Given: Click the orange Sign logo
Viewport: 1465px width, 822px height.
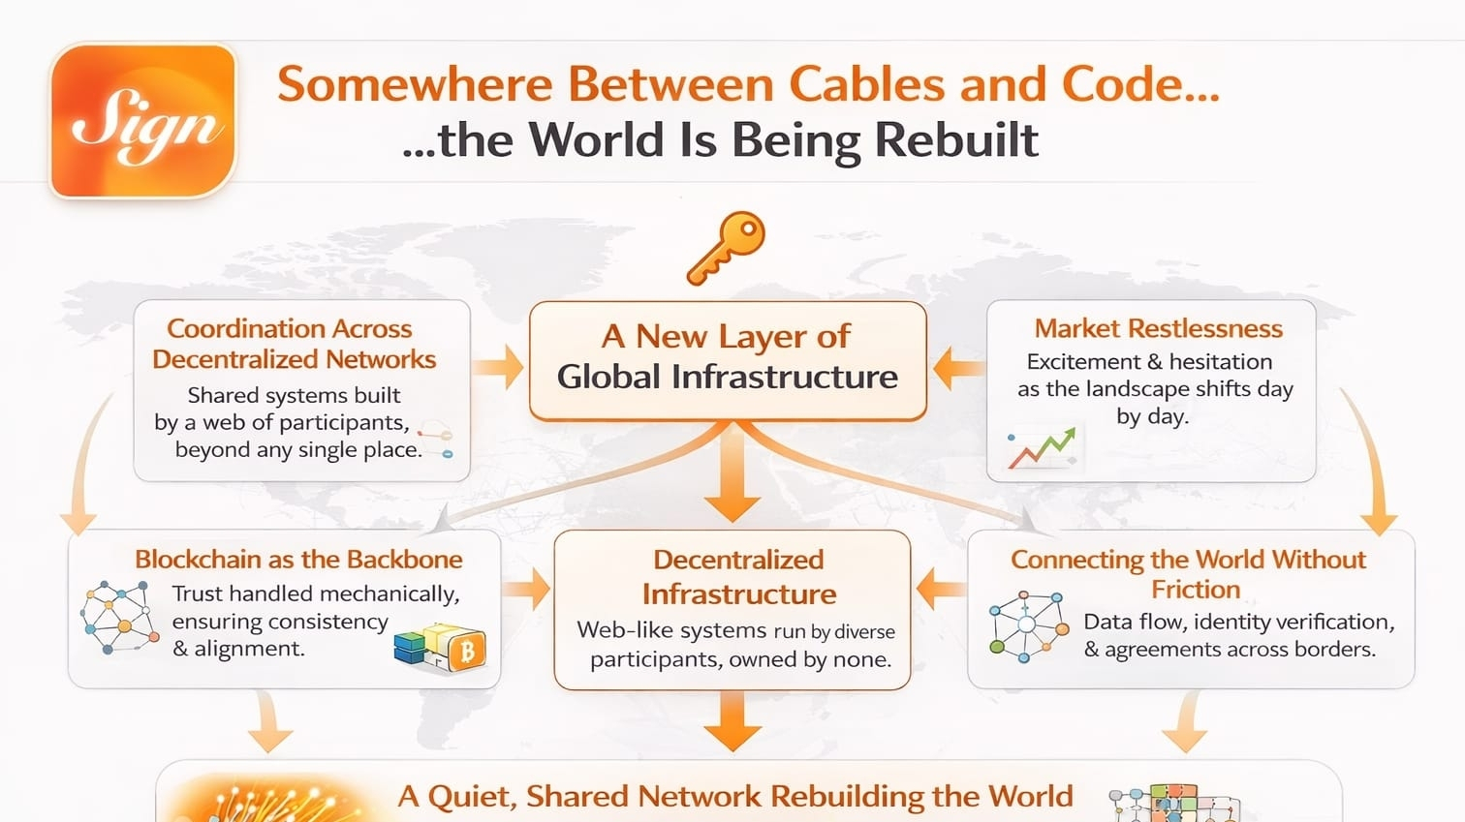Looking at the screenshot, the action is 143,121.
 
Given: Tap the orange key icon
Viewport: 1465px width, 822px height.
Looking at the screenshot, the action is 727,248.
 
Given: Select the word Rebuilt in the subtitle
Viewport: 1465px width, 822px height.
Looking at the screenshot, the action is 956,139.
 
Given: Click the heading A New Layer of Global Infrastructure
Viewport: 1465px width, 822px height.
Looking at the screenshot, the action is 728,356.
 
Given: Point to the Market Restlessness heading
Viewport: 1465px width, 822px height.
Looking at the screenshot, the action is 1158,329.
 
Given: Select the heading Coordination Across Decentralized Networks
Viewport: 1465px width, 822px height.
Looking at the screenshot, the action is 294,344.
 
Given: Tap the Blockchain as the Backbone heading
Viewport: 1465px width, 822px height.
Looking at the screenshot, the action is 298,560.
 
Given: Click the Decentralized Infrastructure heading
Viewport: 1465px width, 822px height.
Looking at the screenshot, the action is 738,576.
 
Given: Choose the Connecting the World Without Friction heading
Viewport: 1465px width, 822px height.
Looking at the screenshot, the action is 1189,573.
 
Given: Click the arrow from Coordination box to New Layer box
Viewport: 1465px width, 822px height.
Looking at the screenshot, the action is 499,368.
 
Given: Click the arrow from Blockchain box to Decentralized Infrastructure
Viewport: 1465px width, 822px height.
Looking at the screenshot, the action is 528,589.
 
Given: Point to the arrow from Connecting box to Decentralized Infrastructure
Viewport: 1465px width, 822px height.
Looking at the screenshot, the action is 939,589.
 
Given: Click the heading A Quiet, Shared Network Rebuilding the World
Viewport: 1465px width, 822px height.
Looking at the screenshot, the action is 734,796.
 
